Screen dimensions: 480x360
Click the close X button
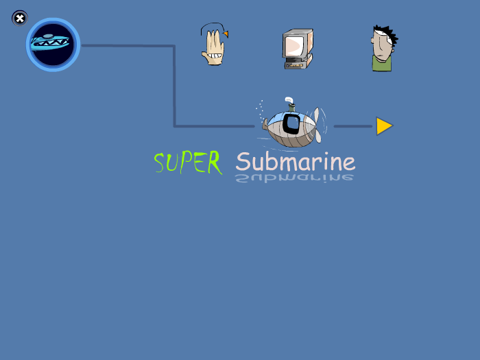pos(20,19)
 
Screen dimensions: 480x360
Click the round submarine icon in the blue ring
pos(53,45)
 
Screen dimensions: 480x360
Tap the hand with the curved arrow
pos(214,44)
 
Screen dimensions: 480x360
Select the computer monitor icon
pos(298,49)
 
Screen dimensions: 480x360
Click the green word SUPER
pos(188,163)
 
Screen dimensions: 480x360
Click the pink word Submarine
pos(296,162)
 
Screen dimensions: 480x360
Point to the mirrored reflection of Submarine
pos(294,178)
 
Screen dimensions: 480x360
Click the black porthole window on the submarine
pos(291,123)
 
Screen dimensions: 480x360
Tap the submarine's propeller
pos(317,125)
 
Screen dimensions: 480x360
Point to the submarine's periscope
pos(291,104)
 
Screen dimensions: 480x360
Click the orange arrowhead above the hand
pos(226,34)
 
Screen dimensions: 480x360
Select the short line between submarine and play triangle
pos(353,126)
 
